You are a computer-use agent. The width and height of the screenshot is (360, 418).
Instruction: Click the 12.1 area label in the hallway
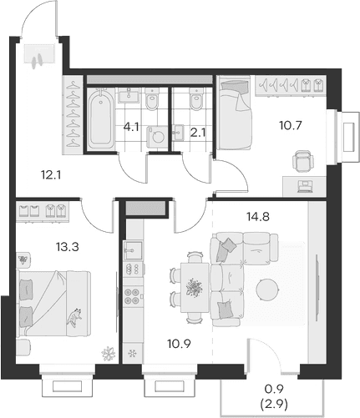click(51, 175)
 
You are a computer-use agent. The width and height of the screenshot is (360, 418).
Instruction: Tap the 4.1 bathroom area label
click(131, 128)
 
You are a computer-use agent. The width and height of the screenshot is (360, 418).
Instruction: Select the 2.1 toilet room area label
click(198, 133)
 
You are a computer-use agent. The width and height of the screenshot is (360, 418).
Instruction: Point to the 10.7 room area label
click(291, 126)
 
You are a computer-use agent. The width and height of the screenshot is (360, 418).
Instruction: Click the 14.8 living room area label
click(258, 216)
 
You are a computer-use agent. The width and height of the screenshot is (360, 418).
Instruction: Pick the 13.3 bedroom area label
click(68, 246)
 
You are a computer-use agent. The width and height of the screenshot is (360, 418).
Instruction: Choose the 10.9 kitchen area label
click(179, 345)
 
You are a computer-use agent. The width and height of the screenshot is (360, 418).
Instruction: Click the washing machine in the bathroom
click(157, 137)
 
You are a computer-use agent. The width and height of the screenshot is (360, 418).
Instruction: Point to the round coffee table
click(267, 290)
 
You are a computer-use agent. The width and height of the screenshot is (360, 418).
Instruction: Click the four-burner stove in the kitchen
click(132, 296)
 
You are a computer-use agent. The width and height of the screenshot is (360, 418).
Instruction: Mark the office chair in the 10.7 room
click(303, 161)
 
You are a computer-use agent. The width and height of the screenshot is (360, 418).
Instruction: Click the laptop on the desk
click(305, 186)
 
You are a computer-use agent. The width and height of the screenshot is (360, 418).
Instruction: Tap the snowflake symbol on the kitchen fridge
click(132, 354)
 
